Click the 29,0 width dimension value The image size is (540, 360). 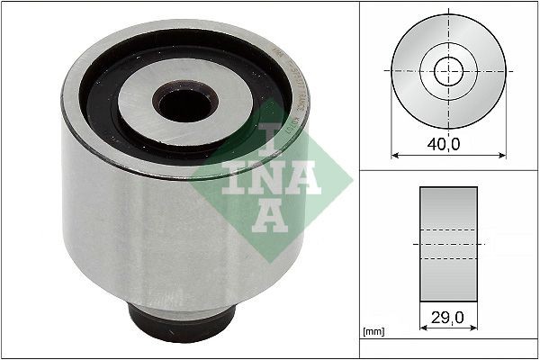[448, 319]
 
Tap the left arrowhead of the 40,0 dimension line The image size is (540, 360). [395, 154]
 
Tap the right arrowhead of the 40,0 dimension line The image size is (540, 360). [500, 154]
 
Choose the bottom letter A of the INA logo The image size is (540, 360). [267, 214]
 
